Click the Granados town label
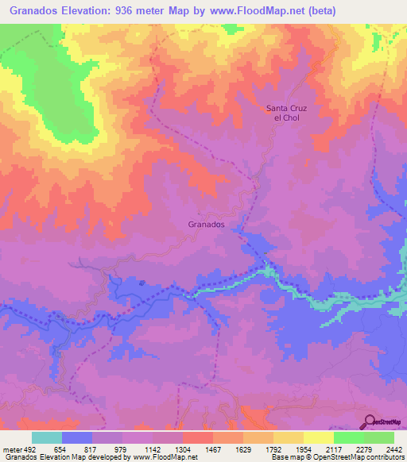[x=207, y=225]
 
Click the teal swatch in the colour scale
[x=47, y=437]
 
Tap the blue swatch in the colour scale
[x=77, y=437]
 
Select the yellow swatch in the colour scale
[x=319, y=437]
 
